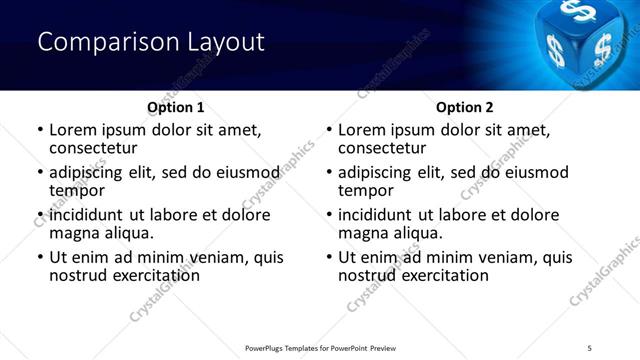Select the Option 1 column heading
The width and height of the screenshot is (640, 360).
[175, 107]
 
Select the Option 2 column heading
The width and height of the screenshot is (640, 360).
[465, 107]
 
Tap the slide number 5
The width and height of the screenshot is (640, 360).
[589, 347]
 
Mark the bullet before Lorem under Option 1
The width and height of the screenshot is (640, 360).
[40, 130]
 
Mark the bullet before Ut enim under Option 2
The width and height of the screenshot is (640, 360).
[329, 257]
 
